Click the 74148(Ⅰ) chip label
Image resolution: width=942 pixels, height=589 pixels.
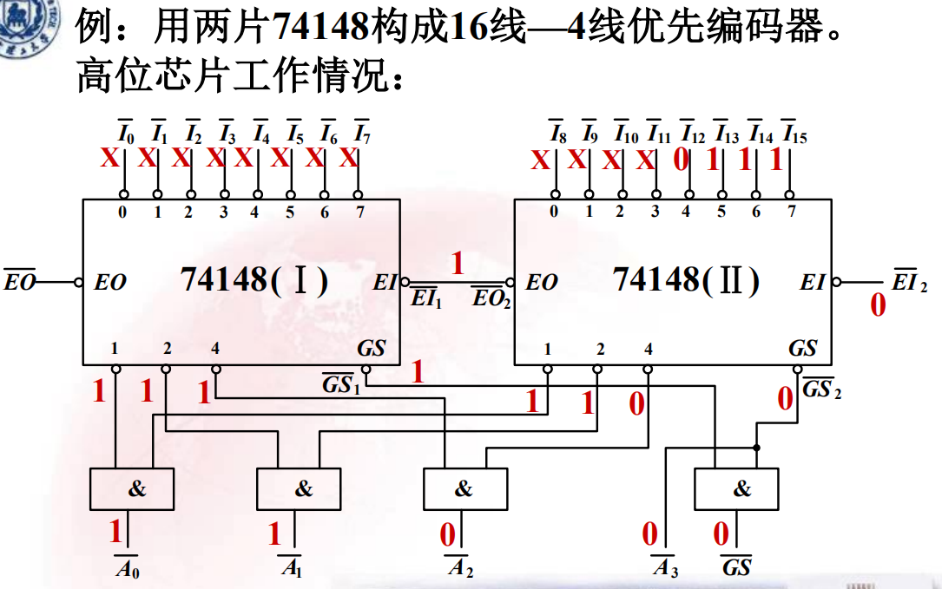pyautogui.click(x=254, y=280)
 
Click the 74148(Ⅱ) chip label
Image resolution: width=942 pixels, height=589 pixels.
pyautogui.click(x=686, y=280)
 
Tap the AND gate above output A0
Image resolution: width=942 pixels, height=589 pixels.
pyautogui.click(x=131, y=488)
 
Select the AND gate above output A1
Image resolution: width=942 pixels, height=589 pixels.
pyautogui.click(x=299, y=488)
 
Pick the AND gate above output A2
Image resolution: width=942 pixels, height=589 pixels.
pyautogui.click(x=464, y=488)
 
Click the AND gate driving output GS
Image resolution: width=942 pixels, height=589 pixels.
pyautogui.click(x=736, y=488)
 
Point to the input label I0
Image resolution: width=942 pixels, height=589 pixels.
pyautogui.click(x=125, y=133)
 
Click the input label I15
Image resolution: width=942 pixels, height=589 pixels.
pyautogui.click(x=794, y=134)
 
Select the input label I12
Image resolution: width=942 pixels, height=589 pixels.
pyautogui.click(x=692, y=134)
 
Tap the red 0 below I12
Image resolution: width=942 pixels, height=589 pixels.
pyautogui.click(x=681, y=160)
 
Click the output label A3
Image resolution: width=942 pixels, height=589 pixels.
pyautogui.click(x=665, y=569)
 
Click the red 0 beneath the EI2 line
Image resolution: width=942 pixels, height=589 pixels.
pyautogui.click(x=878, y=305)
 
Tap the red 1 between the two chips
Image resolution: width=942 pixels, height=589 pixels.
pyautogui.click(x=457, y=263)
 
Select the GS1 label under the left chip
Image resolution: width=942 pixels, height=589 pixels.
pyautogui.click(x=341, y=384)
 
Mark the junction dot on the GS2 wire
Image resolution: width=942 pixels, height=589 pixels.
pyautogui.click(x=757, y=448)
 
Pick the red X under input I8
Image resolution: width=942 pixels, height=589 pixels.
pyautogui.click(x=541, y=160)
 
